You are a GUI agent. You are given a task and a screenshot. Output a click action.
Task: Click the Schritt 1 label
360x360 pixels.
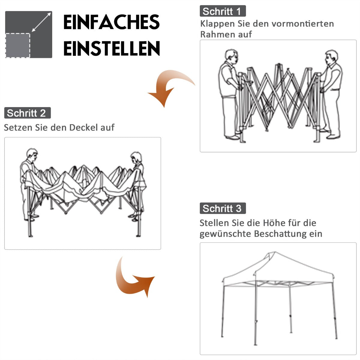[223, 11]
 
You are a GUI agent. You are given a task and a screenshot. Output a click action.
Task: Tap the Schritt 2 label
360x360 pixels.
[27, 113]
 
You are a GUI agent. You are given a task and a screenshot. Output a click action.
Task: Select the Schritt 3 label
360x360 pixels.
[223, 208]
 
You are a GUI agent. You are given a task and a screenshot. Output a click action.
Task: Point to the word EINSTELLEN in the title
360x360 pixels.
[111, 49]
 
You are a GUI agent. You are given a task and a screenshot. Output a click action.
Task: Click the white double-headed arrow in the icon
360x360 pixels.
[41, 22]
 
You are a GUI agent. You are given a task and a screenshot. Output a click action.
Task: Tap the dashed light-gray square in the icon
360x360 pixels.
[18, 45]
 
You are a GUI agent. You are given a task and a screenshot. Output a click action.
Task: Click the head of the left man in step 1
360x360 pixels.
[232, 56]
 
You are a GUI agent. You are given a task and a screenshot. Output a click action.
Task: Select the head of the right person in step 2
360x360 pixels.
[136, 157]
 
